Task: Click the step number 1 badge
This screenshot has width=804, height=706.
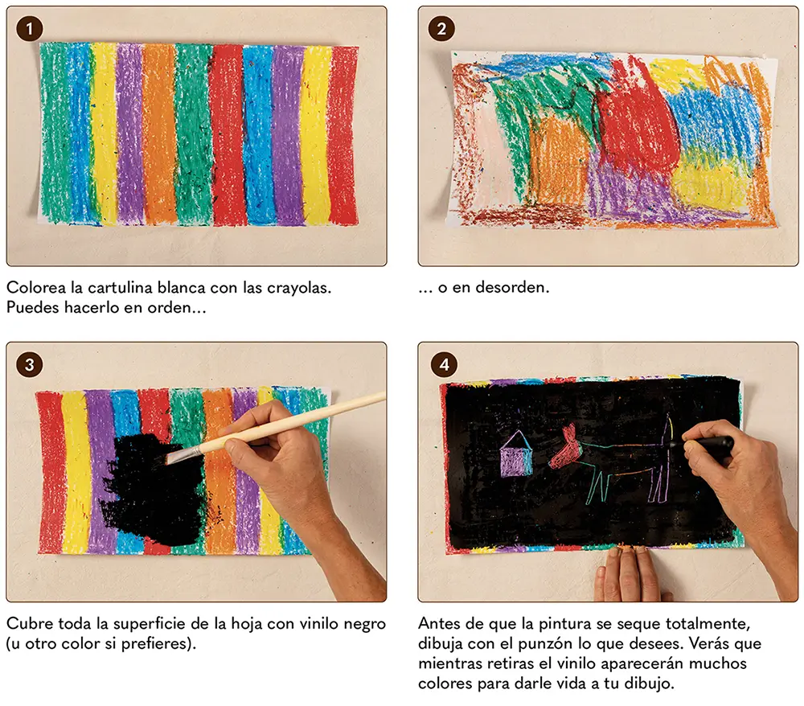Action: point(29,29)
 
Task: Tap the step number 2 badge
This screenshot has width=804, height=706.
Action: point(441,29)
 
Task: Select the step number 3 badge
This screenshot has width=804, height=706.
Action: point(29,364)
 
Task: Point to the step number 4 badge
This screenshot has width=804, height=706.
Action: point(444,364)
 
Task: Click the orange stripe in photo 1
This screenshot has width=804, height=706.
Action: point(159,134)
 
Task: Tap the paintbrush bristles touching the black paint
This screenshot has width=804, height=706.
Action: point(182,454)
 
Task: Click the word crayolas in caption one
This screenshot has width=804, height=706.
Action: point(298,287)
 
